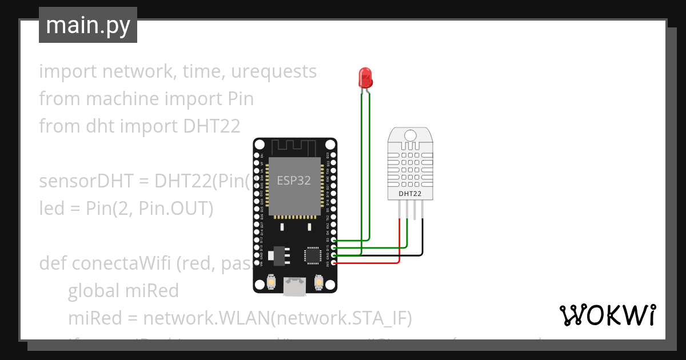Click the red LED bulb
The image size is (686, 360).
tap(365, 77)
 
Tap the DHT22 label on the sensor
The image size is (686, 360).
tap(410, 194)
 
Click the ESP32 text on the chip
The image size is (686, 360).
tap(294, 181)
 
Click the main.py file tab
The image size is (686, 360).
tap(88, 25)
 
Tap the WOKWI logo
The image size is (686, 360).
tap(607, 315)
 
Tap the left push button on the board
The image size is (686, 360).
tap(272, 281)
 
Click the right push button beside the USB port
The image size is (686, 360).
tap(319, 281)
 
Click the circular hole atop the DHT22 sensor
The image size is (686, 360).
tap(410, 135)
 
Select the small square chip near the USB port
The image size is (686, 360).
tap(313, 255)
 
